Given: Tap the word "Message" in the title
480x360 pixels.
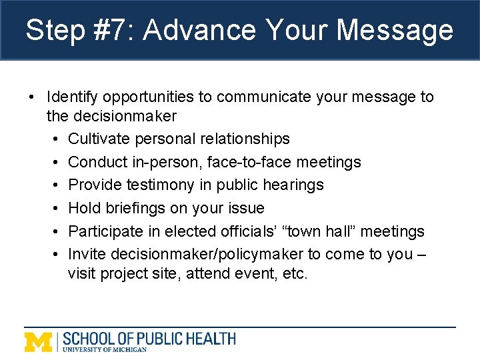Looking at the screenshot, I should (x=395, y=31).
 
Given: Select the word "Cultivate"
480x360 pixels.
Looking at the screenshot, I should (x=97, y=139).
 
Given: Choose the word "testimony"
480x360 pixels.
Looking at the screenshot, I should (x=150, y=185).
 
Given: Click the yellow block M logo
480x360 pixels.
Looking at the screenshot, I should (x=39, y=341).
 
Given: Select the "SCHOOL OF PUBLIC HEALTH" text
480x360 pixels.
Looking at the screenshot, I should (x=149, y=338).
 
